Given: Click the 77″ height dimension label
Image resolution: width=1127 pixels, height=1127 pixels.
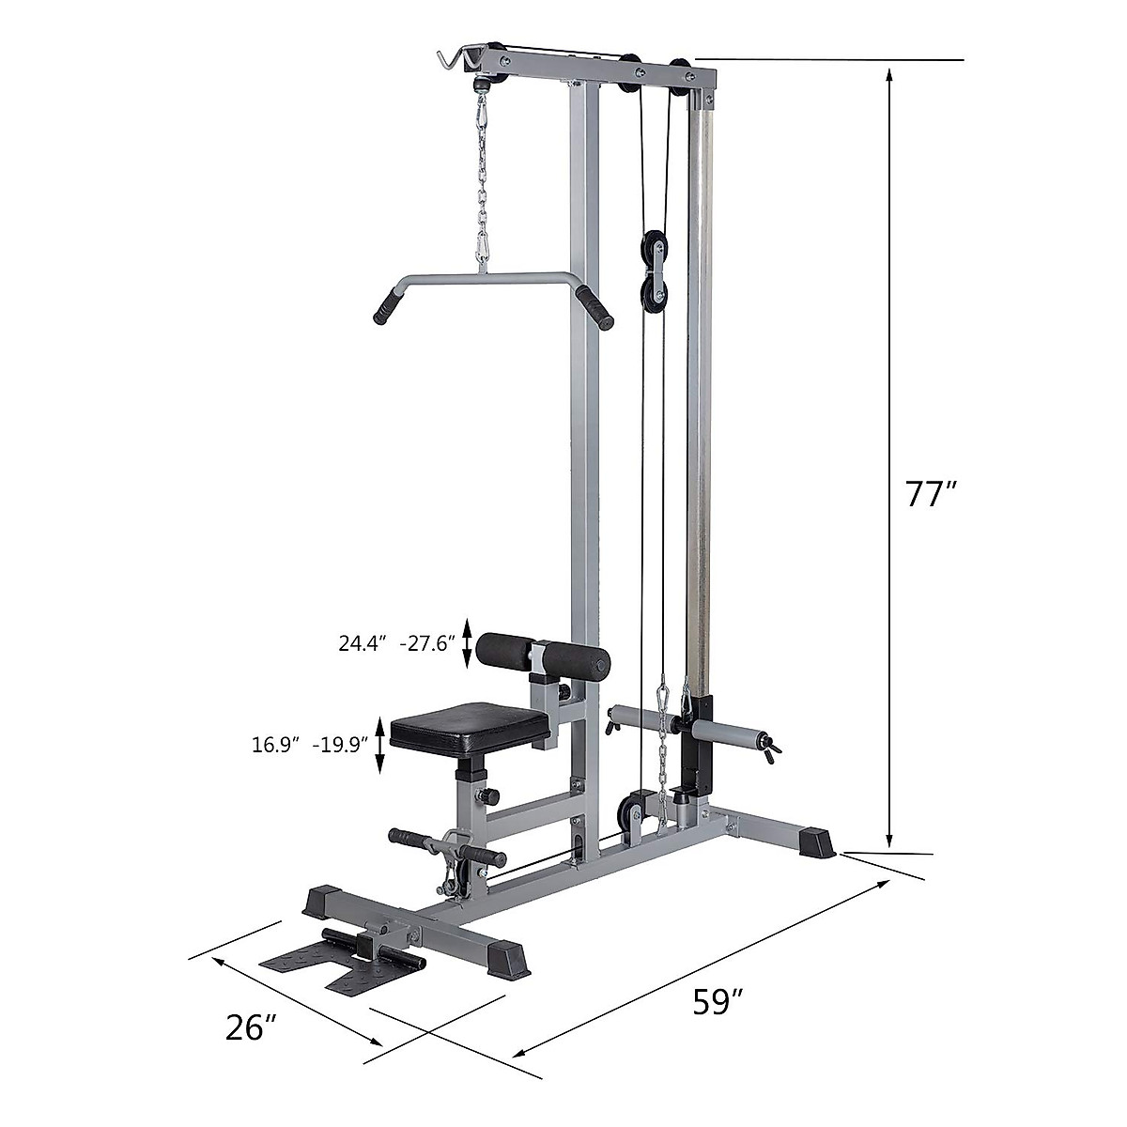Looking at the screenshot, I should [x=931, y=494].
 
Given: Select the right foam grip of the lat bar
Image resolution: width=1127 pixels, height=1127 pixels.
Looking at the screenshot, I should [x=594, y=307].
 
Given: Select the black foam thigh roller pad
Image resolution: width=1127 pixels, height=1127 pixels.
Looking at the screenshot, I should [x=542, y=655].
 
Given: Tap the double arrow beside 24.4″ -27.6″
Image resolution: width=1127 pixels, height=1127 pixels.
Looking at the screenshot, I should [x=467, y=644].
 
